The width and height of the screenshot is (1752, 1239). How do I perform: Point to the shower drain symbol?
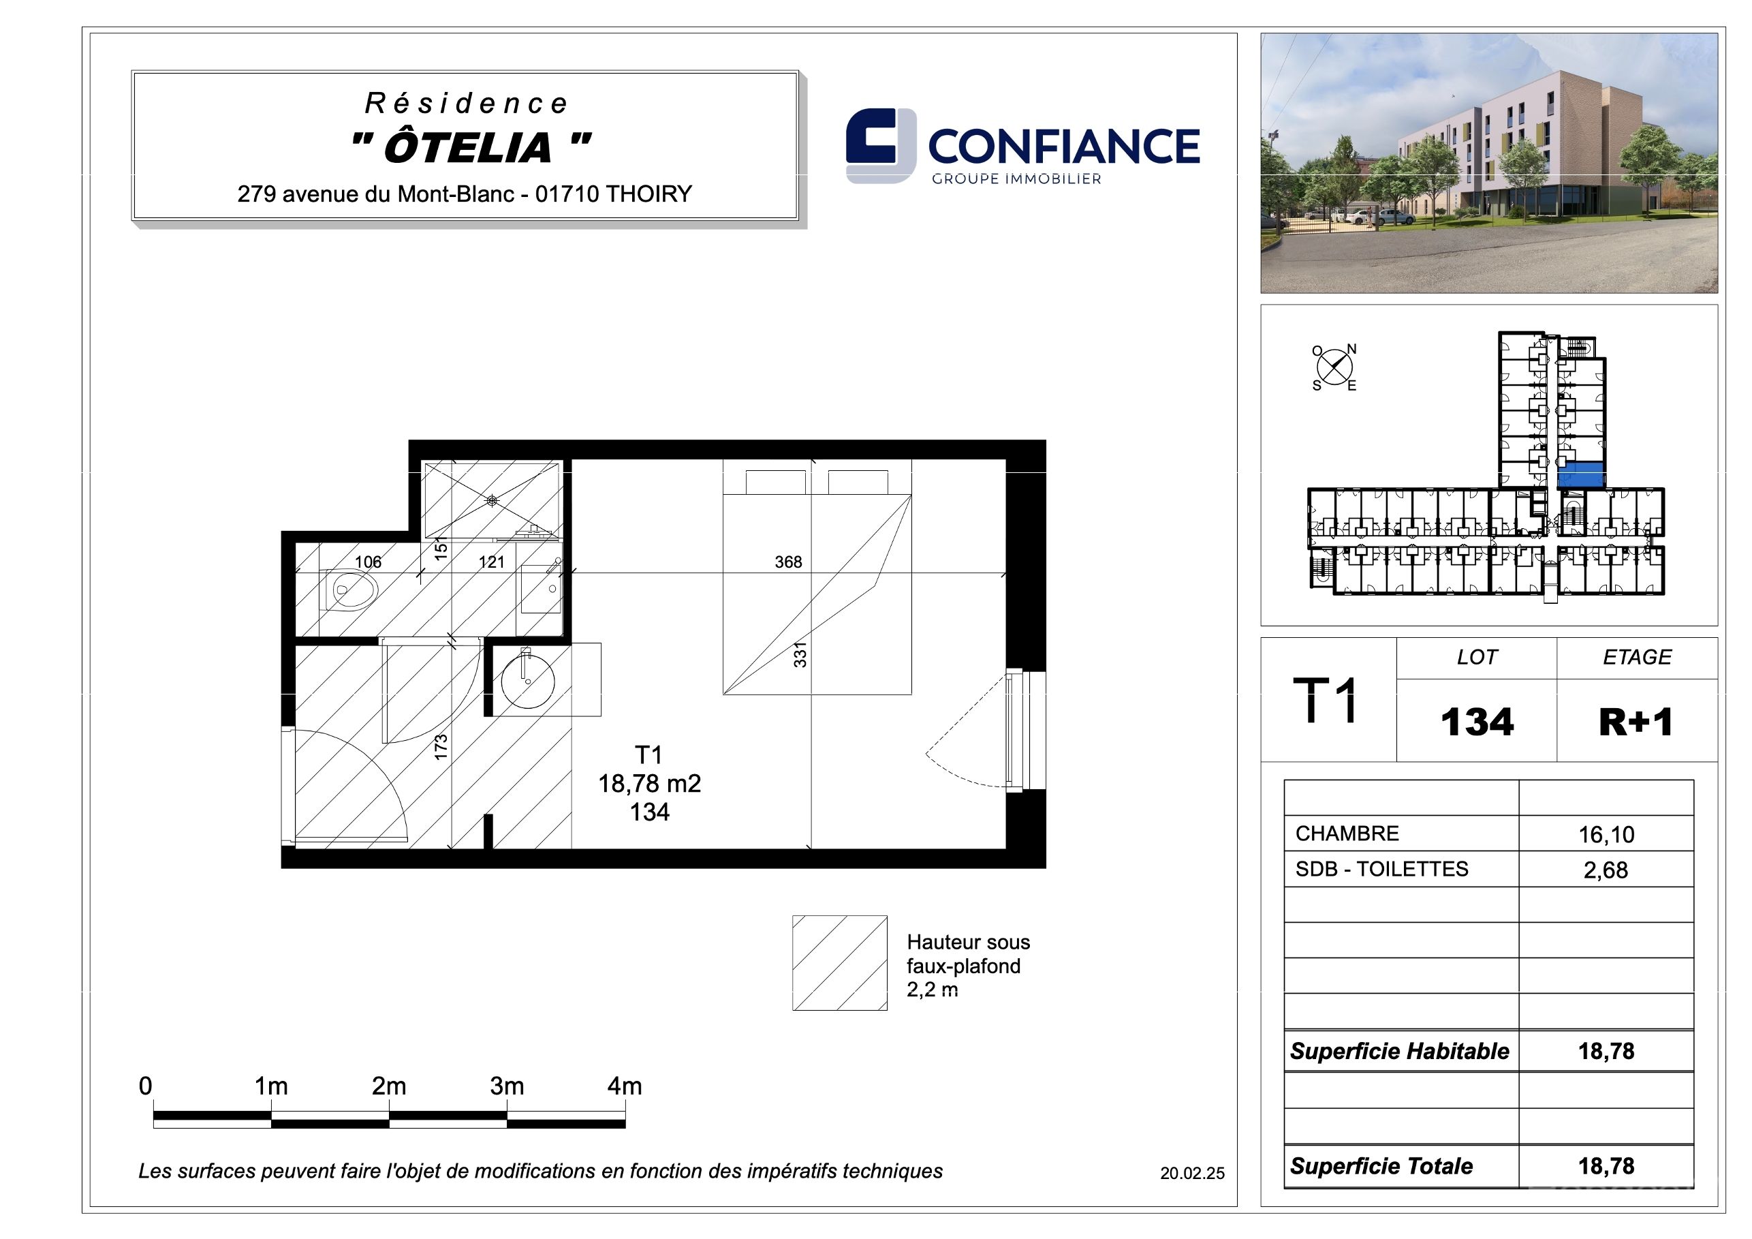[x=492, y=501]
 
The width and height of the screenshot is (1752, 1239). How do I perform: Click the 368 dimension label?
[x=788, y=562]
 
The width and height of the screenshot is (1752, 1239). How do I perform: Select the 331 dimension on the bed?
[x=800, y=655]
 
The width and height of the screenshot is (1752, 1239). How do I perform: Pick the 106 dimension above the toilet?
[x=368, y=562]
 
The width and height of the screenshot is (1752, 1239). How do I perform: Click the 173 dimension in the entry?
[x=440, y=747]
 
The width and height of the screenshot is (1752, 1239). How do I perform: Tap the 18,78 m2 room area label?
[x=649, y=783]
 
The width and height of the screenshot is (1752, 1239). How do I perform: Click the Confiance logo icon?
[x=881, y=146]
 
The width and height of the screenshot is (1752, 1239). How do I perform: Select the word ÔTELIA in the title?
[x=468, y=147]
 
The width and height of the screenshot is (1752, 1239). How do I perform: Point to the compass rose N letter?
[x=1351, y=349]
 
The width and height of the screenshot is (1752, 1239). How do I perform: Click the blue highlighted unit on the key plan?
[x=1581, y=474]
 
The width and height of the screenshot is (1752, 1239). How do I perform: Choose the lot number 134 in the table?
[x=1477, y=722]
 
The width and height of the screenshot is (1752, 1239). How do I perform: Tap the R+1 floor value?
[x=1636, y=722]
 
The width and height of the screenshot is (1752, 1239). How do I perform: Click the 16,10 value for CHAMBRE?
[x=1606, y=834]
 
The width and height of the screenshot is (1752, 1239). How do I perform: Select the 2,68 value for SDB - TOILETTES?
[x=1606, y=870]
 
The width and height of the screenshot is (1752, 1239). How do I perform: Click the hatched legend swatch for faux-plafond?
[x=839, y=963]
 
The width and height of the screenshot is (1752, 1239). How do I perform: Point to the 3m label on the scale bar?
[x=507, y=1086]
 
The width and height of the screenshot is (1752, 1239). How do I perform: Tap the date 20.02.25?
[x=1192, y=1174]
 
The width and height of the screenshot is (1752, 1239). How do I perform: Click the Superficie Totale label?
[x=1381, y=1165]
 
